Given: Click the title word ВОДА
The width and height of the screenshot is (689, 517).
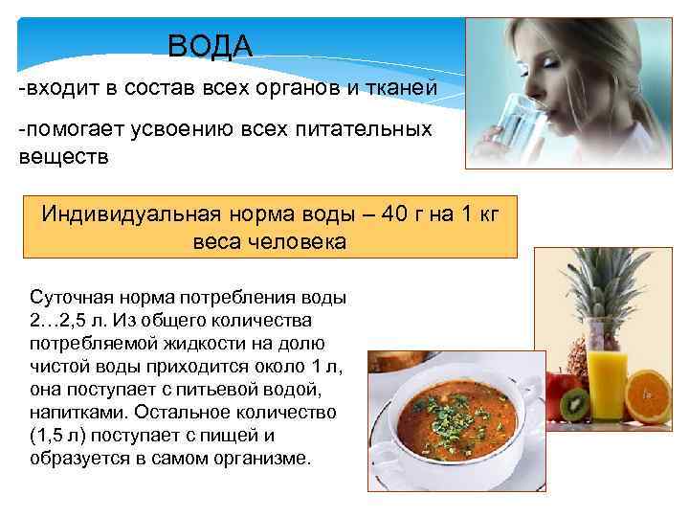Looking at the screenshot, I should [x=210, y=45].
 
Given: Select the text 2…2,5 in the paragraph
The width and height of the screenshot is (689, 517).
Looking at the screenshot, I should [x=60, y=319].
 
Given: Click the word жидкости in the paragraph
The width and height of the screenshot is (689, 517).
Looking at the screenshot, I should [x=209, y=342].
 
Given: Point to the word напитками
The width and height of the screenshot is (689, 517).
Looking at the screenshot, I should [x=78, y=412].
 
